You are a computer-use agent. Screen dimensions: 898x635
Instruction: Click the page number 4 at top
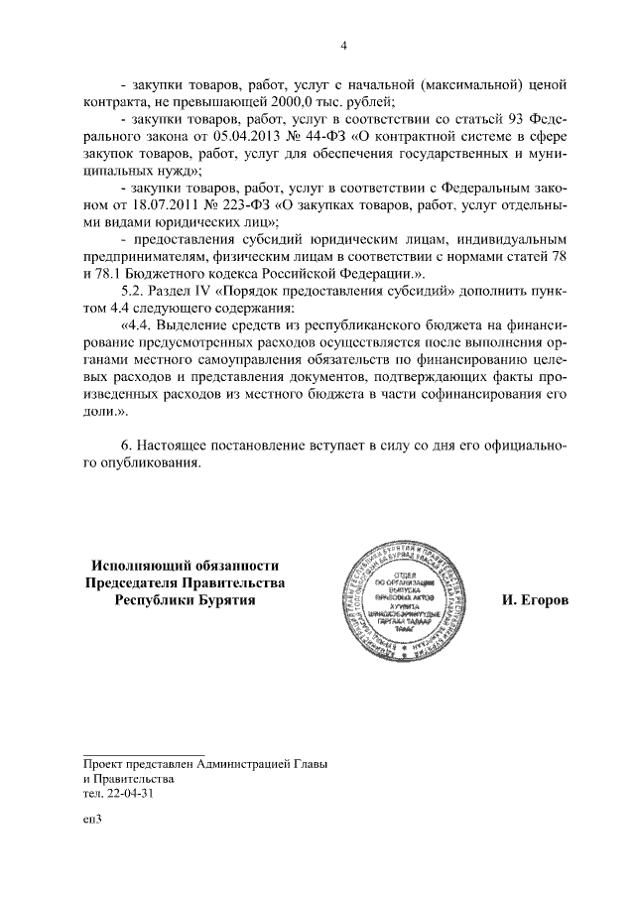pyautogui.click(x=343, y=45)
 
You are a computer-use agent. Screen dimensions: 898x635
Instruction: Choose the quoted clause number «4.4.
pyautogui.click(x=137, y=327)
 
